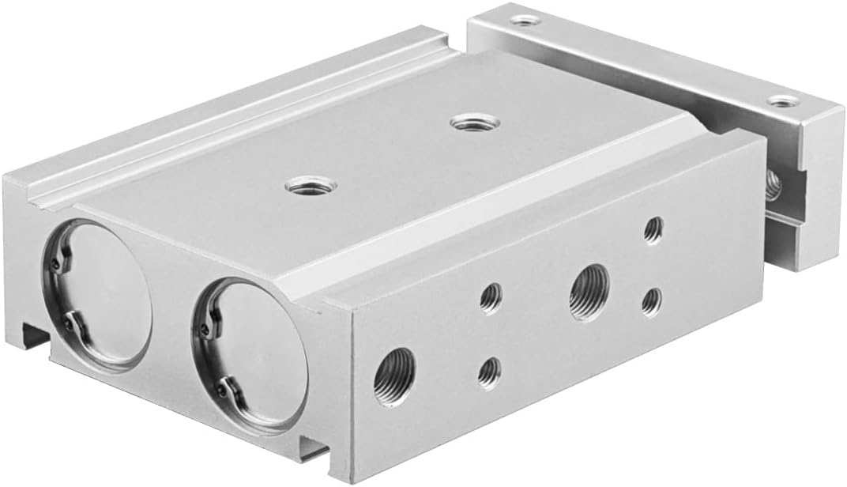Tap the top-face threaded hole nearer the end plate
[x=475, y=123]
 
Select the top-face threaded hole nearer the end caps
[x=305, y=188]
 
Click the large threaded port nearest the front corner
[x=394, y=376]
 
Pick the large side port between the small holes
[x=589, y=292]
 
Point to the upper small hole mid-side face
[x=490, y=298]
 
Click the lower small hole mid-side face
[x=489, y=372]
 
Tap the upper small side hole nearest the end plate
[x=653, y=230]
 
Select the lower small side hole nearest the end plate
[x=651, y=301]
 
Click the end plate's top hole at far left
[x=522, y=19]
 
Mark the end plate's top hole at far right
[x=784, y=101]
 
